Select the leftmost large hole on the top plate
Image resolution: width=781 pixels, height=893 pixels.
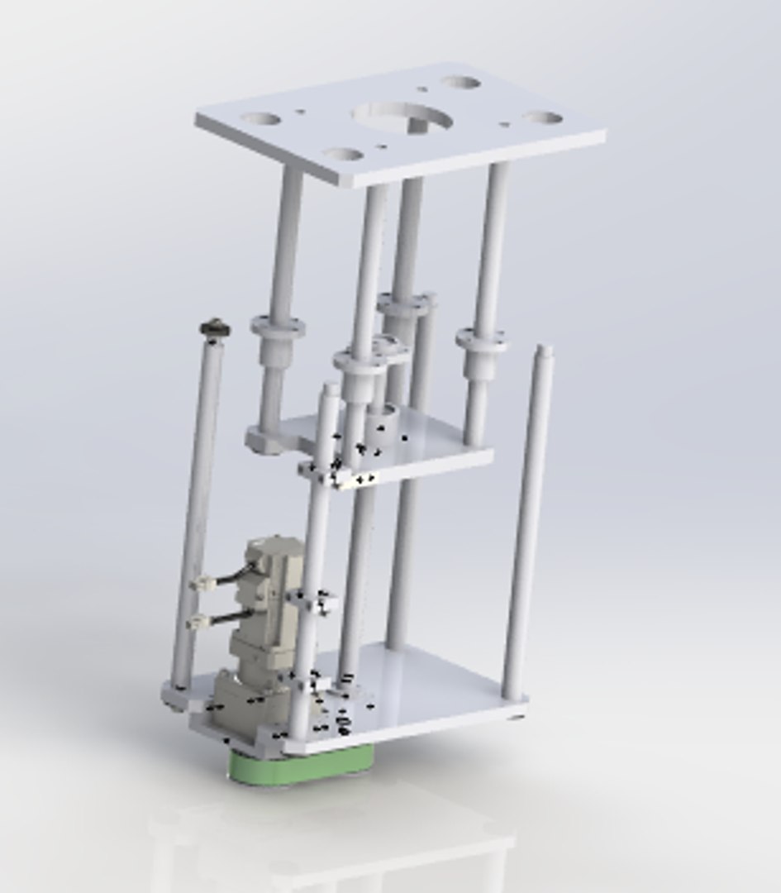coord(262,119)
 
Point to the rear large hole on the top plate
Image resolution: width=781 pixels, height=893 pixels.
coord(460,84)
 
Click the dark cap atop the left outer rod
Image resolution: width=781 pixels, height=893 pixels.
coord(214,329)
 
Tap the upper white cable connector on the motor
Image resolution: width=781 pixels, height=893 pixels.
coord(201,584)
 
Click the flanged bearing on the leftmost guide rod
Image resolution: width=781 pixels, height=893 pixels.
coord(278,327)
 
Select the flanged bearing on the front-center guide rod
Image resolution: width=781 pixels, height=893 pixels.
coord(360,361)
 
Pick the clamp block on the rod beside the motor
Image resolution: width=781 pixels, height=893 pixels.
coord(315,602)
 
